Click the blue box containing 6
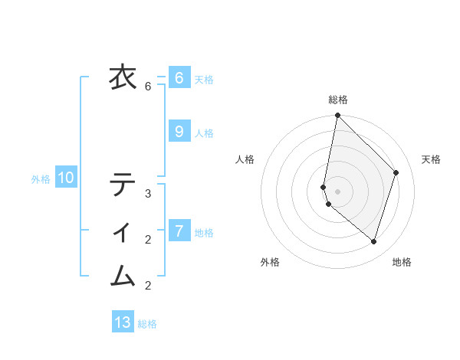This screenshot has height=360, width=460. tap(179, 78)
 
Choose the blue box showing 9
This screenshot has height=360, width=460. tap(179, 132)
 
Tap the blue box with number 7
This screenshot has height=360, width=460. tap(179, 231)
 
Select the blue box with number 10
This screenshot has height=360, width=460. tap(66, 178)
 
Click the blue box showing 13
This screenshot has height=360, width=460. tap(123, 322)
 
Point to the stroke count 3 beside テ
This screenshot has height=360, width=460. tap(148, 194)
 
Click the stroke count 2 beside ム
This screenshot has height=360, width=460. tap(148, 286)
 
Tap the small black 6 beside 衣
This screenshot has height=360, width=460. tap(148, 87)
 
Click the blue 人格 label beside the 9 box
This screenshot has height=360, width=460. tap(204, 133)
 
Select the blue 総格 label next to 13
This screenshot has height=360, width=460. tap(147, 324)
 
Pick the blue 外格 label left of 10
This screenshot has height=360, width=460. tap(41, 180)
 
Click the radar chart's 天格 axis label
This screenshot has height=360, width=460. tap(431, 159)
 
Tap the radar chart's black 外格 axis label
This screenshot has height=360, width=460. tap(270, 263)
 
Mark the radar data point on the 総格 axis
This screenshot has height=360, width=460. tap(337, 116)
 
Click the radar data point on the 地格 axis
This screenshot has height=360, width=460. tap(374, 242)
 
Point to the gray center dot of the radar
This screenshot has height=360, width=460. tap(337, 191)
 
